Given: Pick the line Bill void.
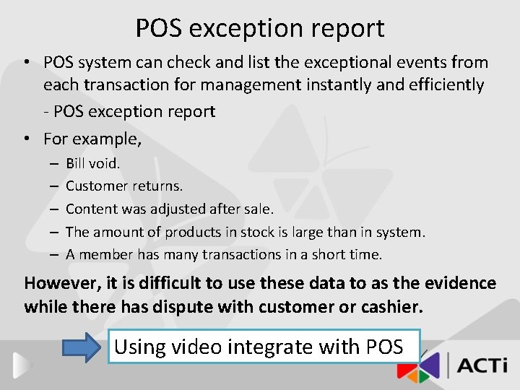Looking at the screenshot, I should [93, 163].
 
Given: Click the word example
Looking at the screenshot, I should [109, 138].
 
